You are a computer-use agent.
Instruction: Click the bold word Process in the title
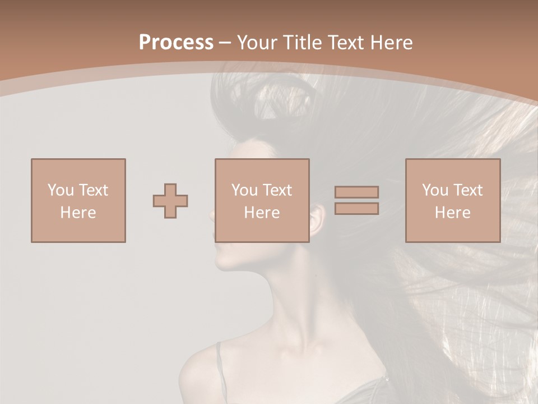tap(176, 43)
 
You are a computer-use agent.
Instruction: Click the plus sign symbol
tap(170, 200)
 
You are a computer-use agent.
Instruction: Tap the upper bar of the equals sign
tap(356, 192)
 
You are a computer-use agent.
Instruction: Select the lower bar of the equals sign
tap(356, 208)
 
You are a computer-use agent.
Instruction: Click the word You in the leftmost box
tap(60, 190)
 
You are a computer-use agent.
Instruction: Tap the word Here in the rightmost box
tap(452, 213)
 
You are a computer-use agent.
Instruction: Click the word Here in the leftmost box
tap(78, 213)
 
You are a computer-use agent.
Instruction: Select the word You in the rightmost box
tap(434, 190)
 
